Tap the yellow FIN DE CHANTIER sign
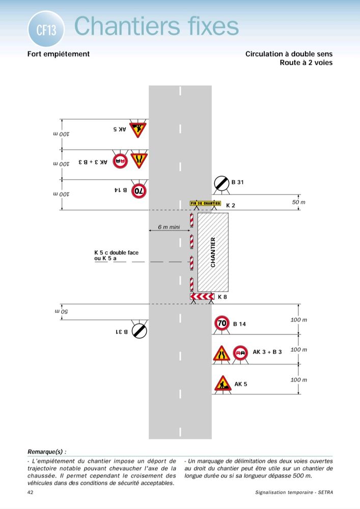pyautogui.click(x=205, y=203)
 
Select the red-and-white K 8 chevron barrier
pyautogui.click(x=202, y=297)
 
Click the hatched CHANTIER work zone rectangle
pyautogui.click(x=213, y=251)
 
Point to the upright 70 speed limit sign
pyautogui.click(x=222, y=323)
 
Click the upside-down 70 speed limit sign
pyautogui.click(x=139, y=191)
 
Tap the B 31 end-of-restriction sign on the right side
pyautogui.click(x=221, y=183)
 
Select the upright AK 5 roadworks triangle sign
pyautogui.click(x=222, y=383)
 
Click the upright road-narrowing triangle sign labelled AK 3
pyautogui.click(x=221, y=353)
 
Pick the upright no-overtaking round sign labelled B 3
pyautogui.click(x=240, y=353)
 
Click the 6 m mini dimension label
pyautogui.click(x=169, y=227)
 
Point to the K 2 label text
pyautogui.click(x=231, y=205)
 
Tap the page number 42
pyautogui.click(x=31, y=492)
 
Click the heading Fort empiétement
pyautogui.click(x=59, y=54)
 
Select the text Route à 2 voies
pyautogui.click(x=306, y=63)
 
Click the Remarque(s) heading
pyautogui.click(x=47, y=451)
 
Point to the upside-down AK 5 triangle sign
pyautogui.click(x=137, y=129)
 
